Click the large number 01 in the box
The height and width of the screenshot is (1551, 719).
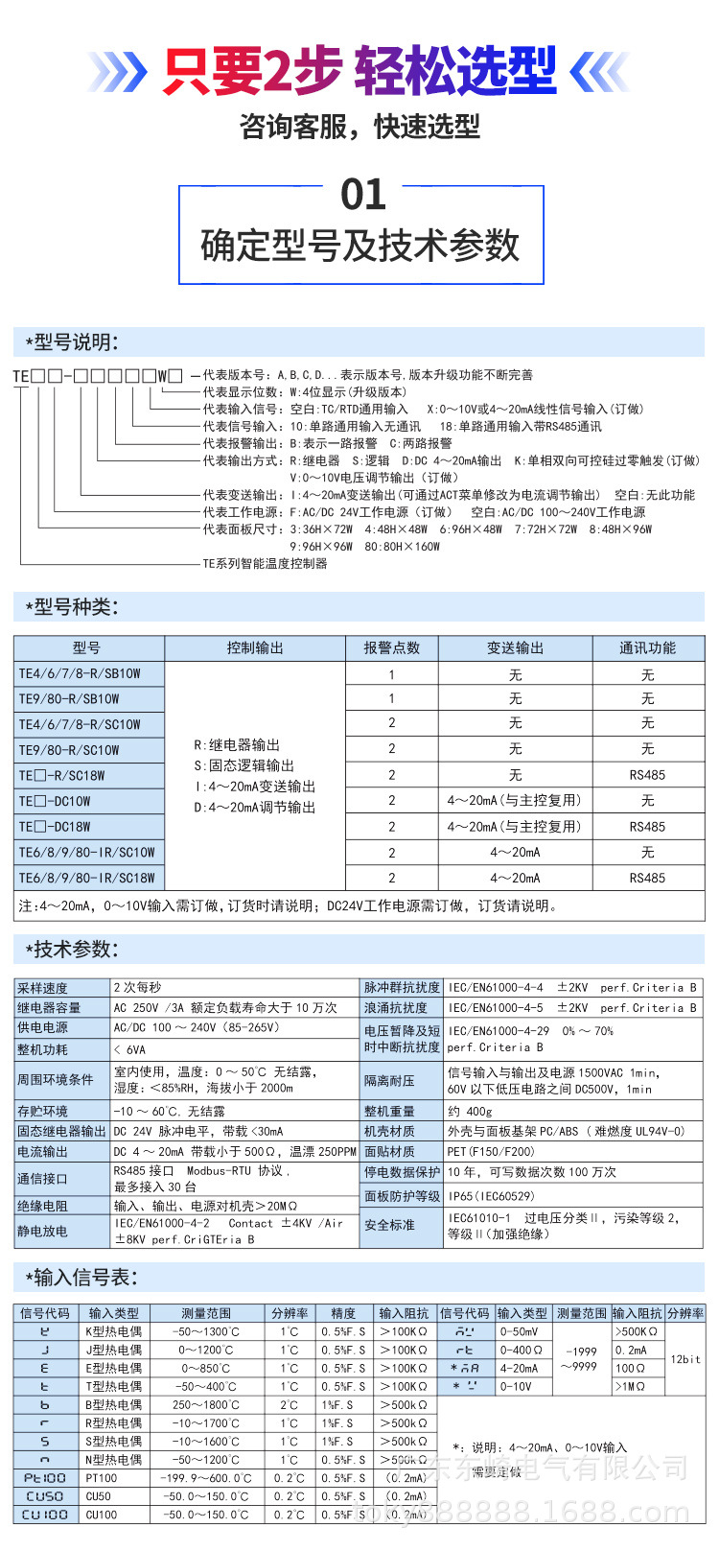362,196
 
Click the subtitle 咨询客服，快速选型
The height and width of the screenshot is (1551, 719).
359,127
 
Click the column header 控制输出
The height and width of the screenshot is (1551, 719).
255,648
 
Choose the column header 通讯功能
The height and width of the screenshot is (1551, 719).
647,648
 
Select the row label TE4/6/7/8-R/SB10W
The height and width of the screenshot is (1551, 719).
80,673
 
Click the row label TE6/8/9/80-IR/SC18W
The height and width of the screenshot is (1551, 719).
86,878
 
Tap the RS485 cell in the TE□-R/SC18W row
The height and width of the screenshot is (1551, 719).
647,775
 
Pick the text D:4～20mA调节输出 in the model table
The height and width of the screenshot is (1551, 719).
254,808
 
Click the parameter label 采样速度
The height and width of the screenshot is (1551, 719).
42,988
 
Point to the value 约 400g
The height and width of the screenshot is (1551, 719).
470,1111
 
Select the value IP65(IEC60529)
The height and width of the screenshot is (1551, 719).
492,1196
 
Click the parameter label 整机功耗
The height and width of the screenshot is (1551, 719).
42,1049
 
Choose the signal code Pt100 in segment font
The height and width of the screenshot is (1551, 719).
45,1478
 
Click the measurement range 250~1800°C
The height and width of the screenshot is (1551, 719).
206,1405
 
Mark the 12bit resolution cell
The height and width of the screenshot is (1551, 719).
685,1359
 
